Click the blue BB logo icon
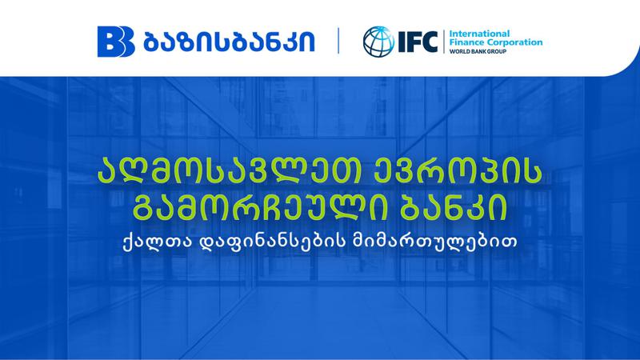pos(113,40)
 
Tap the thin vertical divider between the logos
pos(339,41)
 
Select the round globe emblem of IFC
pos(378,41)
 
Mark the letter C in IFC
pos(431,41)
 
